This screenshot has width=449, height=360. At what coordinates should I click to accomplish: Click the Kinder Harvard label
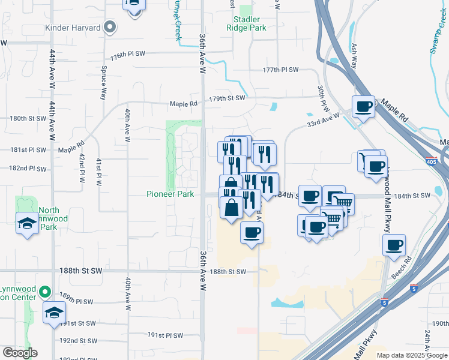point(73,28)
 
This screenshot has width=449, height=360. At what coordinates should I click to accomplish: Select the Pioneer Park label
point(170,194)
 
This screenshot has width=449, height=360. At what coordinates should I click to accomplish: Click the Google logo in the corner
point(19,353)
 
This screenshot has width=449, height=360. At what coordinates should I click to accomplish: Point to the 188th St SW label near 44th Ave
point(81,271)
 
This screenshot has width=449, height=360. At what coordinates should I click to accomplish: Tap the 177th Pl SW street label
point(280,70)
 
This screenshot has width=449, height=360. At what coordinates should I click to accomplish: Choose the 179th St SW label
point(228,98)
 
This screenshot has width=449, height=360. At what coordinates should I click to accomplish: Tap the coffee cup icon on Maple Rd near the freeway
point(363,107)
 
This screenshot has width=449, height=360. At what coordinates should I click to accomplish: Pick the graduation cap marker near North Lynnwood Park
point(26,223)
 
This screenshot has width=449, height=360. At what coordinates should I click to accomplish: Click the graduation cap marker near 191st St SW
point(54,312)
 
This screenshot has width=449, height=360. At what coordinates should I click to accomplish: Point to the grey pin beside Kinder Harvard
point(109,27)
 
